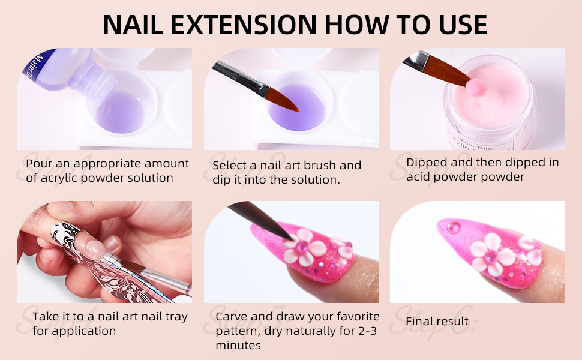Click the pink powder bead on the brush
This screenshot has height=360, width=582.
click(477, 88)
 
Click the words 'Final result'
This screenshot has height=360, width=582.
click(436, 322)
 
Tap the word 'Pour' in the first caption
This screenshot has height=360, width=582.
click(38, 164)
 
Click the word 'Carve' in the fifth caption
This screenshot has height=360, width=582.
click(232, 316)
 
